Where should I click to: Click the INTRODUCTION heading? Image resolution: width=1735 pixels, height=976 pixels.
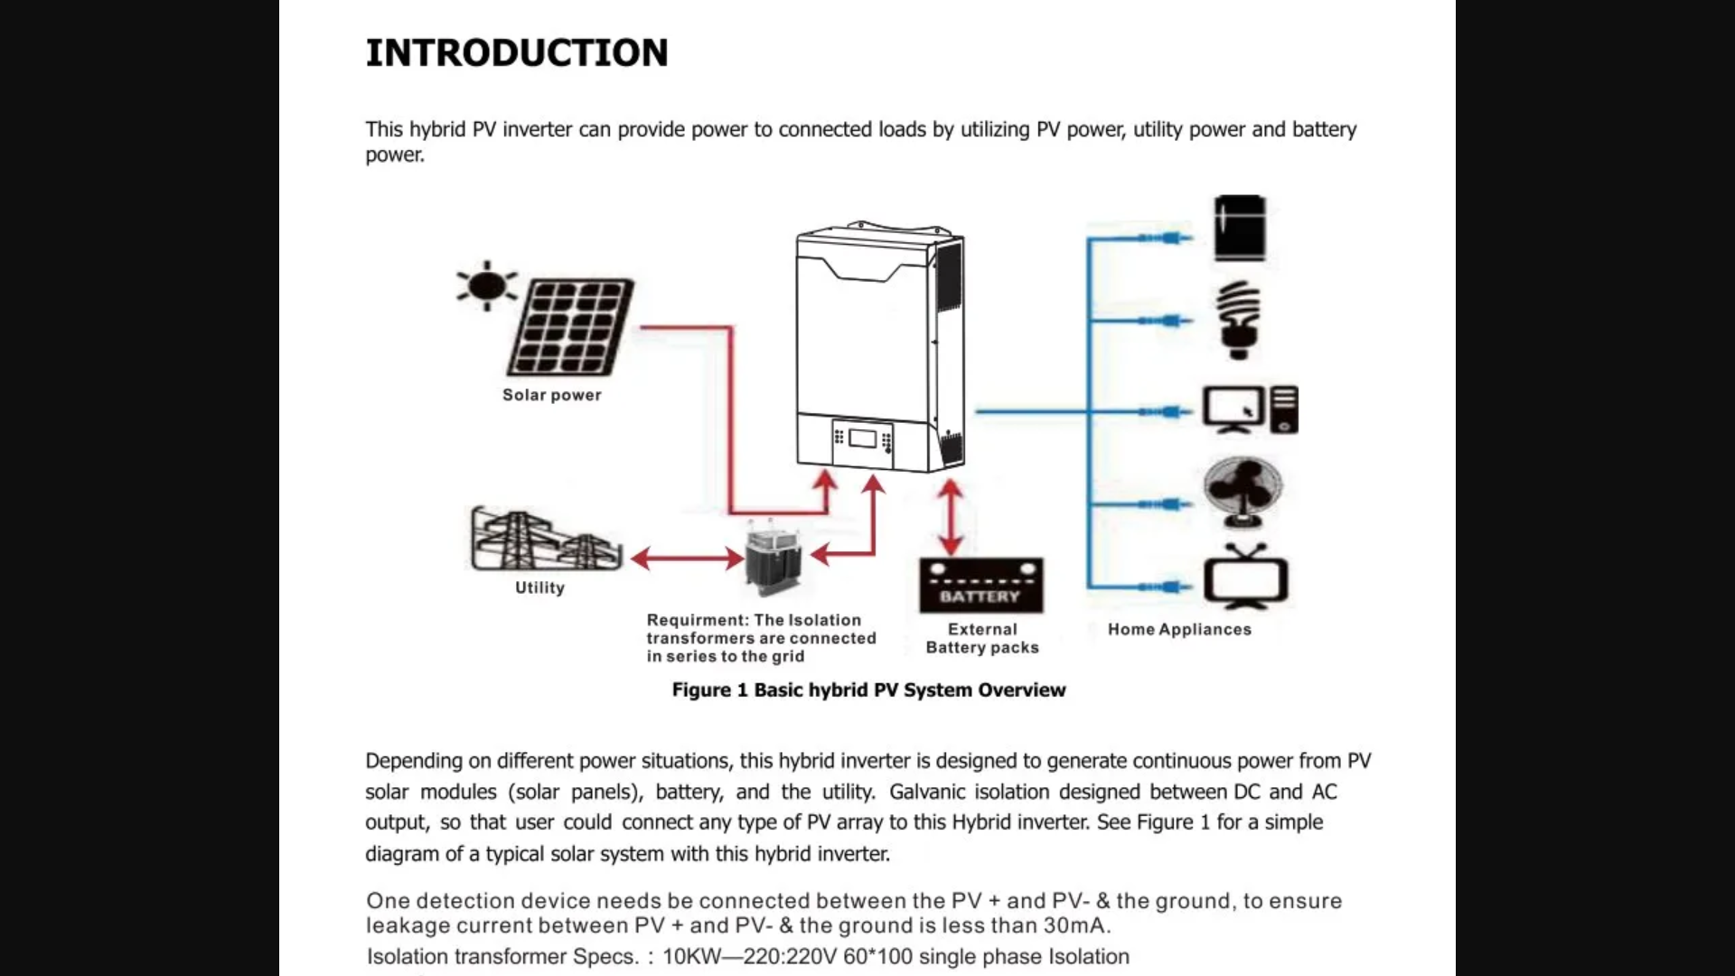[x=516, y=52]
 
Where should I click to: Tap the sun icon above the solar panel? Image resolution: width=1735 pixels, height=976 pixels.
[x=487, y=286]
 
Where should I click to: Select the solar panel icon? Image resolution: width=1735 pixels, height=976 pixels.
[x=571, y=327]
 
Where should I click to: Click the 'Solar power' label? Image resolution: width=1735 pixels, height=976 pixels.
[x=551, y=395]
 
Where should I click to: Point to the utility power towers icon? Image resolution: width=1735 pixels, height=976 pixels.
[x=546, y=540]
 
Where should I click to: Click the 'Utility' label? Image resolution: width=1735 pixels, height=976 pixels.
[x=539, y=587]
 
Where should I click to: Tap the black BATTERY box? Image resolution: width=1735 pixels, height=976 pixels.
[x=980, y=586]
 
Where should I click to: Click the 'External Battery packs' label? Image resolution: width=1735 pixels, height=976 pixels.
[x=982, y=638]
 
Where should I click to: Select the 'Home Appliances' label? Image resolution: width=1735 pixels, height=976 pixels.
[x=1179, y=629]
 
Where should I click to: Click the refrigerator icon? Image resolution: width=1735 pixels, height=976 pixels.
[x=1240, y=229]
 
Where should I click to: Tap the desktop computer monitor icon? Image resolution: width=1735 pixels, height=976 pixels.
[x=1233, y=409]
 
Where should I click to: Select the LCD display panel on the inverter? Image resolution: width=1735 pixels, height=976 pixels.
[x=862, y=439]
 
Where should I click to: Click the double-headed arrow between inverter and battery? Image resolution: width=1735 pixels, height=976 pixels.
[x=950, y=517]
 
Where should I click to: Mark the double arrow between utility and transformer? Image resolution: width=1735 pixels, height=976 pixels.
[x=687, y=558]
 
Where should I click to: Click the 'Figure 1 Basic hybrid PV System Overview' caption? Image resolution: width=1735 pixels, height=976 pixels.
[x=868, y=690]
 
